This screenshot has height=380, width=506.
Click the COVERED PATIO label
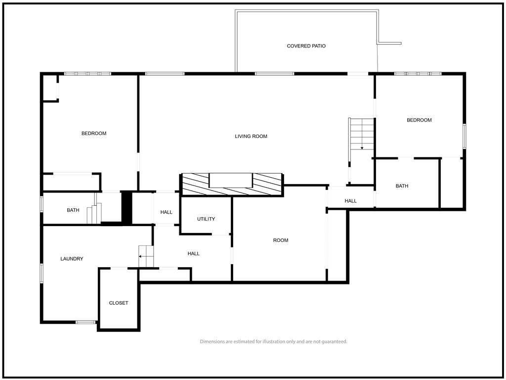click(x=306, y=46)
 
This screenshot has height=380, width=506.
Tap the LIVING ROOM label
click(x=251, y=137)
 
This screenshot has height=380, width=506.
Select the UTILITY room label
click(x=206, y=219)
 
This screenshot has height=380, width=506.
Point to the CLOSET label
click(x=119, y=303)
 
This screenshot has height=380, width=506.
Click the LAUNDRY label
click(x=72, y=259)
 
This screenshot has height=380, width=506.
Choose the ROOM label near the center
click(x=281, y=240)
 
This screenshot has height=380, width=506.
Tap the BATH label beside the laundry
click(x=73, y=210)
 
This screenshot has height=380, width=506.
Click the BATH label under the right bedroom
click(x=402, y=186)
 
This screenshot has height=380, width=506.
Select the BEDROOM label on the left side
click(x=94, y=134)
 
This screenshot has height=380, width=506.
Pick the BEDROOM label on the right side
click(x=419, y=120)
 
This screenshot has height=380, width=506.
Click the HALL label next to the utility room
click(x=166, y=212)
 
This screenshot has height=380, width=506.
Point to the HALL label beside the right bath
click(x=350, y=201)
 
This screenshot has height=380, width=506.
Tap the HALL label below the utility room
click(x=193, y=254)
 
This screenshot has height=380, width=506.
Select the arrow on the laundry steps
click(x=146, y=256)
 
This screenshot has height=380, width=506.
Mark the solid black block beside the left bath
click(x=126, y=207)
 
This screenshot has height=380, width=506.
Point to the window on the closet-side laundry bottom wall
click(x=85, y=322)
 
